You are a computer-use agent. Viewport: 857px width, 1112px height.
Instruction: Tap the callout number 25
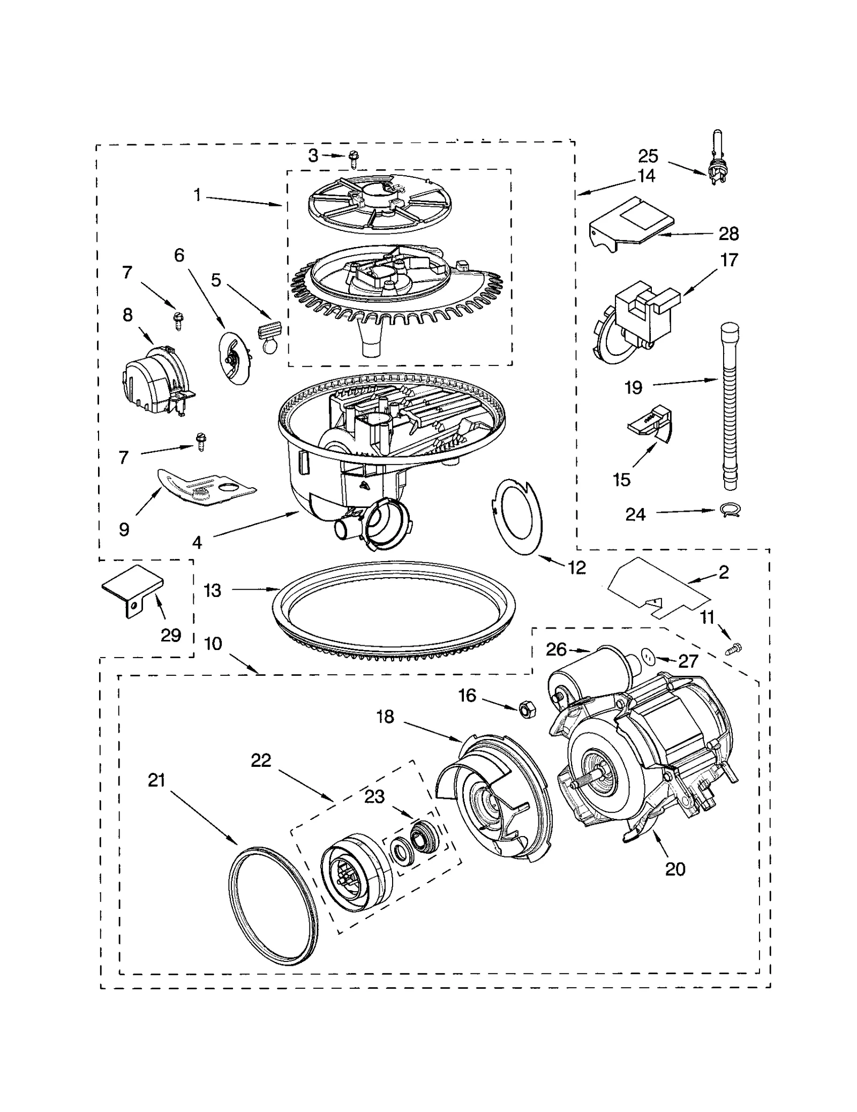pos(648,156)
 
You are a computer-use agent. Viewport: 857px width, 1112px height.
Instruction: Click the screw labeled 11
pos(734,650)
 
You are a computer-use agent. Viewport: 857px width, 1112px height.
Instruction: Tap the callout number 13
pos(213,590)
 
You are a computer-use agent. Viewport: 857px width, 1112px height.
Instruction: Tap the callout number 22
pos(261,760)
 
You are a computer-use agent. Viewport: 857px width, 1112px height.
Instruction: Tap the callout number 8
pos(127,315)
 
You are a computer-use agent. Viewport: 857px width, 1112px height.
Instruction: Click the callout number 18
pos(385,716)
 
